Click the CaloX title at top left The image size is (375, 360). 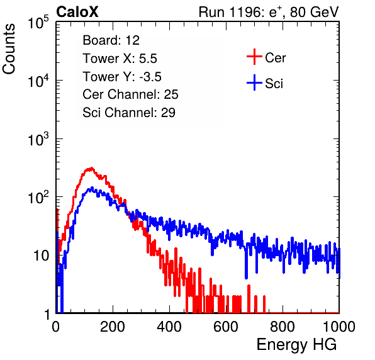(77, 12)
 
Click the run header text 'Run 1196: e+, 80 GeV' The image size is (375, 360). (269, 12)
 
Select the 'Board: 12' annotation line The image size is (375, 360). (111, 40)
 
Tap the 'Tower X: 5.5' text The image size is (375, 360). (120, 59)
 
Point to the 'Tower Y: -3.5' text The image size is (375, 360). (122, 77)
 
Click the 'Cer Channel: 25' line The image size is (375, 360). (130, 94)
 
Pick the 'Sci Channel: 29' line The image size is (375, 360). (129, 113)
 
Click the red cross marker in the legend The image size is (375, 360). (254, 57)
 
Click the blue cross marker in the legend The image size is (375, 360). (254, 82)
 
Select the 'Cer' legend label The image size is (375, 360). (275, 58)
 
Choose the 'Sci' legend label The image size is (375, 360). (274, 84)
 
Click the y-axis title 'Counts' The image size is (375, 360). (9, 48)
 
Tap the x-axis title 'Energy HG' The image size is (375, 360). (296, 345)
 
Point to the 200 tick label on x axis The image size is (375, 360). (113, 327)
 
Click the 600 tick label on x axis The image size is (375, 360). (226, 327)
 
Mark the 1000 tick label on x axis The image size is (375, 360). (339, 327)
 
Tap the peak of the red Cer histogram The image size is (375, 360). (91, 168)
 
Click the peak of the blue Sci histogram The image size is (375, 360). (92, 188)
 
